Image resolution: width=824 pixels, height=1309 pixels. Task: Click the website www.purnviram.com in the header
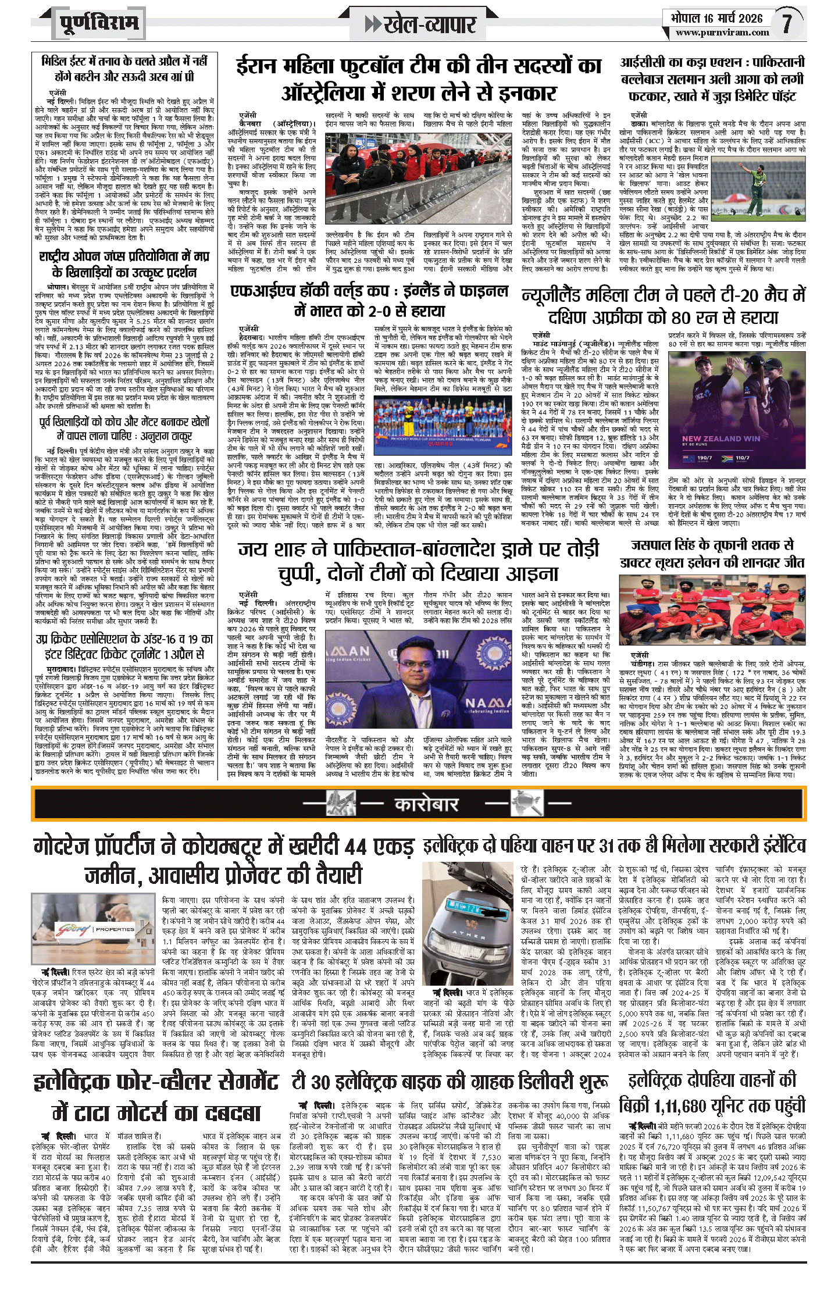point(722,33)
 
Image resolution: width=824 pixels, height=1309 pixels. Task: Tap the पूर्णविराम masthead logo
point(99,24)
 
